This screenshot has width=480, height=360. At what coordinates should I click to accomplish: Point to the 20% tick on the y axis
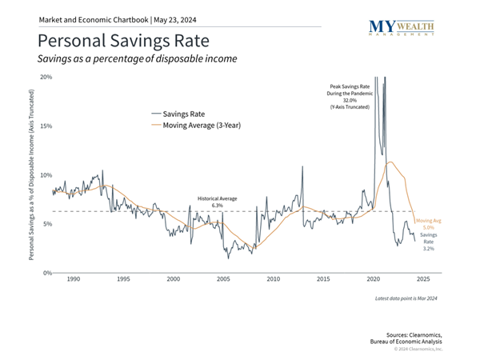click(x=46, y=78)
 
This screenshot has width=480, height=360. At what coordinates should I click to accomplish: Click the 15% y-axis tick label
click(x=46, y=126)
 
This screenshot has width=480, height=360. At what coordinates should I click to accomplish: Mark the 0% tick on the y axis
click(x=47, y=273)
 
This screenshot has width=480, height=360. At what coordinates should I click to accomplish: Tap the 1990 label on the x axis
click(x=73, y=280)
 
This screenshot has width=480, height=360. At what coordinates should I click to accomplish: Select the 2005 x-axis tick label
click(x=222, y=280)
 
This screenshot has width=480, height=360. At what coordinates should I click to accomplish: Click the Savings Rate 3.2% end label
click(x=429, y=242)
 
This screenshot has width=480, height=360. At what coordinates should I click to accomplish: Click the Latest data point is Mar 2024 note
click(x=406, y=298)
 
